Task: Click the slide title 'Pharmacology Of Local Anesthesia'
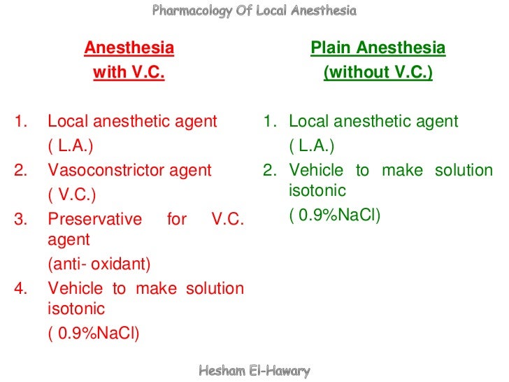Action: click(x=254, y=10)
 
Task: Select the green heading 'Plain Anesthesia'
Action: click(x=378, y=48)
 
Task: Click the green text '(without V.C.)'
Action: click(x=378, y=73)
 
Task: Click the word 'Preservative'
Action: click(x=94, y=219)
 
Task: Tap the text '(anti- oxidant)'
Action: click(x=99, y=264)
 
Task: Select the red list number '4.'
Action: click(x=21, y=288)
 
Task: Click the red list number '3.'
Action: click(x=21, y=219)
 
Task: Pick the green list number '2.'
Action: click(x=271, y=170)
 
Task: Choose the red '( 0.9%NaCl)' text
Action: click(x=94, y=333)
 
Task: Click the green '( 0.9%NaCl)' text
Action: click(x=335, y=215)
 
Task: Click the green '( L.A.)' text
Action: click(x=311, y=146)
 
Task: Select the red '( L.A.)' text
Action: click(x=70, y=146)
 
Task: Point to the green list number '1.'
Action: click(x=271, y=122)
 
